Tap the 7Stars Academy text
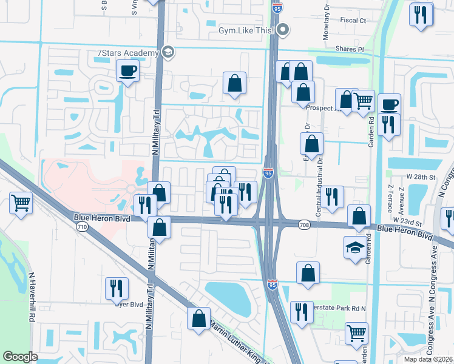(x=127, y=53)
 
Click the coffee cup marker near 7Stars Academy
(x=128, y=72)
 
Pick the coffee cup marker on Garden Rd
(x=389, y=104)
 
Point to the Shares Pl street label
(x=351, y=49)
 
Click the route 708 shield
(x=305, y=225)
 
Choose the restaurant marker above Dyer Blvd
(x=117, y=288)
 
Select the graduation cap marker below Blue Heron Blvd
(x=354, y=248)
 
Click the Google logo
(x=20, y=357)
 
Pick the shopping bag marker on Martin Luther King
(x=198, y=318)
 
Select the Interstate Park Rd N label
(x=340, y=308)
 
